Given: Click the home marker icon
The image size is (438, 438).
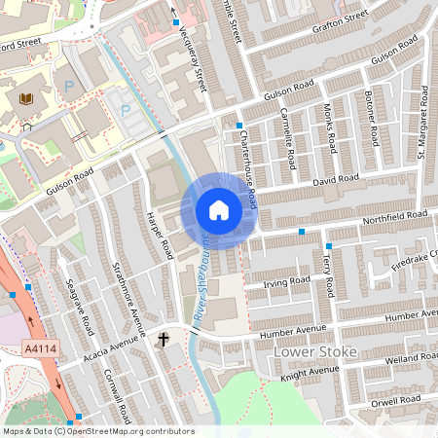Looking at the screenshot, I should (x=219, y=210).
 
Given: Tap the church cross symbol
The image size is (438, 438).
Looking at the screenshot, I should (x=164, y=340).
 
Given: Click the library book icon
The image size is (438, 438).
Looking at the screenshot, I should (x=25, y=98).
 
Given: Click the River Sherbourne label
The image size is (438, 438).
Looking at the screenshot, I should (x=201, y=277).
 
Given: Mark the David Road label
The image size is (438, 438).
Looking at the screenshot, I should (x=336, y=180).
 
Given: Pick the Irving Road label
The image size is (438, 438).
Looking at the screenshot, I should (x=286, y=281).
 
